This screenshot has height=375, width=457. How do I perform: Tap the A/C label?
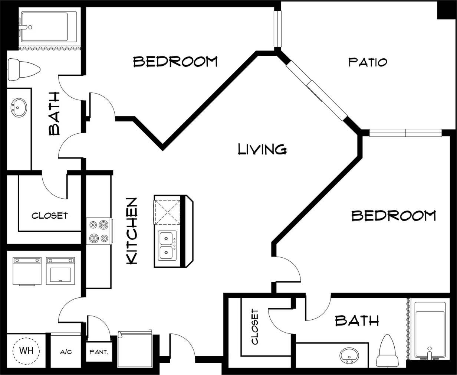(x=66, y=352)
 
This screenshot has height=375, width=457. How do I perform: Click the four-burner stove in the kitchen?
(x=99, y=232)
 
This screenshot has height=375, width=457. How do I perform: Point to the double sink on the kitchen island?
(x=168, y=246)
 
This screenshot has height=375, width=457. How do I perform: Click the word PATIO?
(x=368, y=62)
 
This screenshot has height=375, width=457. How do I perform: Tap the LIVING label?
(x=262, y=149)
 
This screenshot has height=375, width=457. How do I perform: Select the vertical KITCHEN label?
(x=132, y=231)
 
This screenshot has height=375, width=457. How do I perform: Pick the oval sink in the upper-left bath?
(x=19, y=108)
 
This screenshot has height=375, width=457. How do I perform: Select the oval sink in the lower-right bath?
(x=349, y=355)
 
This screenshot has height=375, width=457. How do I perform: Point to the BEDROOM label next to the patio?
(x=175, y=62)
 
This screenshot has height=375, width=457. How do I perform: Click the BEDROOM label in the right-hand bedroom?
(x=394, y=216)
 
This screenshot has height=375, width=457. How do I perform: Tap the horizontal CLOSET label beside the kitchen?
(x=49, y=216)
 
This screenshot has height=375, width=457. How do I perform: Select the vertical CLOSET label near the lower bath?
(x=254, y=327)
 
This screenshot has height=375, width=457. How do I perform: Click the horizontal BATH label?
(x=357, y=320)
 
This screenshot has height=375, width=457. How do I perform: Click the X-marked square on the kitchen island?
(x=167, y=212)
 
